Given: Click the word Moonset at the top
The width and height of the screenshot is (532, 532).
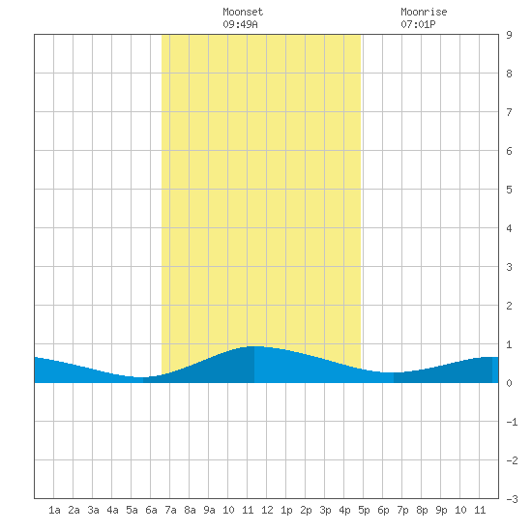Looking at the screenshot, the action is coord(243,12).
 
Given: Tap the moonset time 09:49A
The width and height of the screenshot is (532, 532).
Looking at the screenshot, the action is coord(240,24).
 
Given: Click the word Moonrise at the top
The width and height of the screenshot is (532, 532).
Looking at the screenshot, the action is coord(424,12).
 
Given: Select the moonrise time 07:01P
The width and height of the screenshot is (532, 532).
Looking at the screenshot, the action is coord(418,24).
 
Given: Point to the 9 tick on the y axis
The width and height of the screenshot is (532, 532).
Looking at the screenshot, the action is coord(509,35).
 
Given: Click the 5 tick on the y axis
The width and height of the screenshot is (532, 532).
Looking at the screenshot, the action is coord(509,190).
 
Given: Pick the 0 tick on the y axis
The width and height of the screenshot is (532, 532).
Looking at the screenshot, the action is coord(509,383).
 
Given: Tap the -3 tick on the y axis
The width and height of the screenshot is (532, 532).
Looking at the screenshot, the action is coord(512,499).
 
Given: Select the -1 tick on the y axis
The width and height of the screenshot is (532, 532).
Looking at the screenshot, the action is coord(512,422).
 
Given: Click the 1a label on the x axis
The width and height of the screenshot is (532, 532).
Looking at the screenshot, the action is coord(54,510).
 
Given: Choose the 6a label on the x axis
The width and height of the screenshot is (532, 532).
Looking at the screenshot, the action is coord(151,510).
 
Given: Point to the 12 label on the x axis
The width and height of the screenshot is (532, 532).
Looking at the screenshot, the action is coord(267,510).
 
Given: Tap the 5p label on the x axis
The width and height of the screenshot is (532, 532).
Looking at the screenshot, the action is coord(364,510).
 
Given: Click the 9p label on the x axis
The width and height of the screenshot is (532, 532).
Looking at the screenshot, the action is coord(441,510).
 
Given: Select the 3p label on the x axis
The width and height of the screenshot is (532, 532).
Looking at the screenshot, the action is coord(325,510).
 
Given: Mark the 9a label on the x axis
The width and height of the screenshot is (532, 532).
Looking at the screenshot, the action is coord(209,510).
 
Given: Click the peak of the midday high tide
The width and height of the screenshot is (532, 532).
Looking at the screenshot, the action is coord(254,346).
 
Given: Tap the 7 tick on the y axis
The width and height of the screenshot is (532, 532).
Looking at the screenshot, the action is coord(509,112).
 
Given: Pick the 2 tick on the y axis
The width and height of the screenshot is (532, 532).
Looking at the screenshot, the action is coord(509,306).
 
